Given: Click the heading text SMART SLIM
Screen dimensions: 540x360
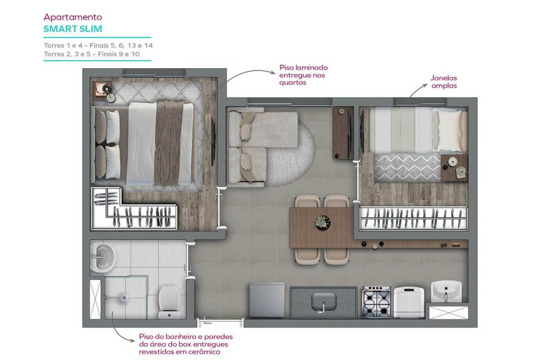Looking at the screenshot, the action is pyautogui.click(x=73, y=29).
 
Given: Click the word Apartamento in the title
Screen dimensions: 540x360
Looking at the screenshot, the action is pyautogui.click(x=73, y=17).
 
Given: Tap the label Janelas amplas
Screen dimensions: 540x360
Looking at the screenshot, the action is pyautogui.click(x=444, y=82).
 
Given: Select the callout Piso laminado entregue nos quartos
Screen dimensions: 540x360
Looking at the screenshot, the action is pyautogui.click(x=303, y=75).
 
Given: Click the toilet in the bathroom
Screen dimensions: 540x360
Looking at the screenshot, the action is pyautogui.click(x=169, y=301).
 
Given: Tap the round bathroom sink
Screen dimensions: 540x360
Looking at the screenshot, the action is pyautogui.click(x=103, y=257).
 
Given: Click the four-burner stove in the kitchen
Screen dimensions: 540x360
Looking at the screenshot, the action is pyautogui.click(x=377, y=302).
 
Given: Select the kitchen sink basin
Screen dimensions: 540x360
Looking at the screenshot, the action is pyautogui.click(x=324, y=301).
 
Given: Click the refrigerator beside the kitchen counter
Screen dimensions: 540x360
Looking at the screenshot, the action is pyautogui.click(x=267, y=300).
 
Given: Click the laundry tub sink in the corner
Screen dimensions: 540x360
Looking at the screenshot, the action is pyautogui.click(x=446, y=291).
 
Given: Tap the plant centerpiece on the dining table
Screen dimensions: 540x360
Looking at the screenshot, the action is pyautogui.click(x=323, y=223).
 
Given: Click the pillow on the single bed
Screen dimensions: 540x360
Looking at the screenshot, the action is pyautogui.click(x=450, y=131).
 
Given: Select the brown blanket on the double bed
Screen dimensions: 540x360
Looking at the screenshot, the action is pyautogui.click(x=169, y=144).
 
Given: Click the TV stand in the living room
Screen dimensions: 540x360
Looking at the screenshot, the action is pyautogui.click(x=342, y=133).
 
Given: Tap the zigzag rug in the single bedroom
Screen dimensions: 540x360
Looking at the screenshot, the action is pyautogui.click(x=407, y=168).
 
